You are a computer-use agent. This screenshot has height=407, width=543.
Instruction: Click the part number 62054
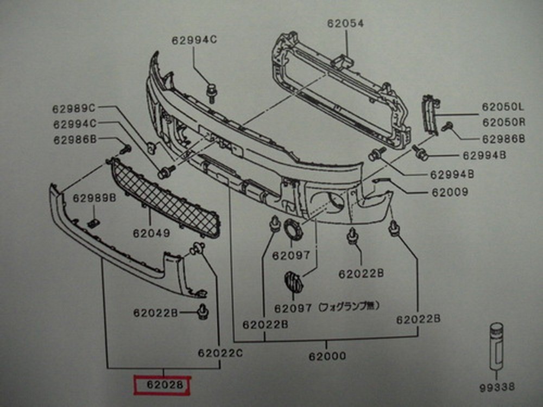[x=345, y=23]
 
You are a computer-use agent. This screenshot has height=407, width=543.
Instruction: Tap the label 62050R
[x=503, y=122]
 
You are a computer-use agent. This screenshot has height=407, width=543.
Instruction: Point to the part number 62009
[x=450, y=192]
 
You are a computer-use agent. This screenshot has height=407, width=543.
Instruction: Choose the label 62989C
[x=74, y=107]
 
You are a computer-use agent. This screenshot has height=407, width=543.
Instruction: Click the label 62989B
[x=94, y=198]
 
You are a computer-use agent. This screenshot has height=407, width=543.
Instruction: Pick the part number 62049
[x=151, y=233]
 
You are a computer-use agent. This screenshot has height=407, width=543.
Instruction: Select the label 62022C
[x=220, y=353]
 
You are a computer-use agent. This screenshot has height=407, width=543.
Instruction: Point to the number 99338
[x=497, y=387]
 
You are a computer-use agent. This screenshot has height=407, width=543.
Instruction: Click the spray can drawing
[x=496, y=348]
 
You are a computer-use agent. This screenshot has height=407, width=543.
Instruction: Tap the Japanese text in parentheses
[x=348, y=306]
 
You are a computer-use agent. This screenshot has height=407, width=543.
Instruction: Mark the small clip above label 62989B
[x=93, y=222]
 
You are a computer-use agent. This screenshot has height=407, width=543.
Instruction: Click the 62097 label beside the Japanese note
[x=293, y=308]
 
